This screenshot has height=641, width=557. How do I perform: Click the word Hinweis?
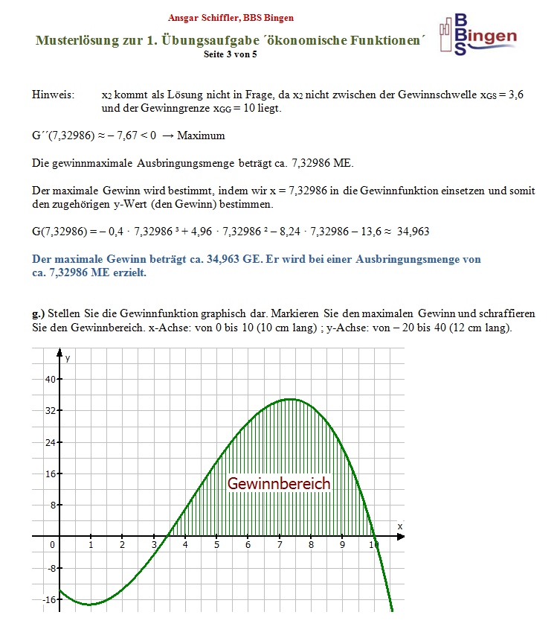tap(53, 95)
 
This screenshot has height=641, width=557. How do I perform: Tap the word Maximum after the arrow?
tap(201, 136)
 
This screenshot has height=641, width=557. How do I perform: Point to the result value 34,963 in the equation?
tap(413, 232)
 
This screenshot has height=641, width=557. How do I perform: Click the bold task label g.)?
tap(39, 313)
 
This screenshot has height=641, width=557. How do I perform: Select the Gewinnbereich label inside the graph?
tap(279, 483)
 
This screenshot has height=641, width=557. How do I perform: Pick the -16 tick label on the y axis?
tap(49, 599)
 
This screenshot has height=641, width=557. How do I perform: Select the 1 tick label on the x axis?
tap(91, 545)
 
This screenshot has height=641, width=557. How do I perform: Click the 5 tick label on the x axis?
tap(216, 545)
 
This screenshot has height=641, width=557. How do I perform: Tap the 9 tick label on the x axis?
tap(342, 545)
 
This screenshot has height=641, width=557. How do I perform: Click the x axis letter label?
tap(399, 526)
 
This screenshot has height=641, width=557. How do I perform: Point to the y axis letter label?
tap(68, 358)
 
